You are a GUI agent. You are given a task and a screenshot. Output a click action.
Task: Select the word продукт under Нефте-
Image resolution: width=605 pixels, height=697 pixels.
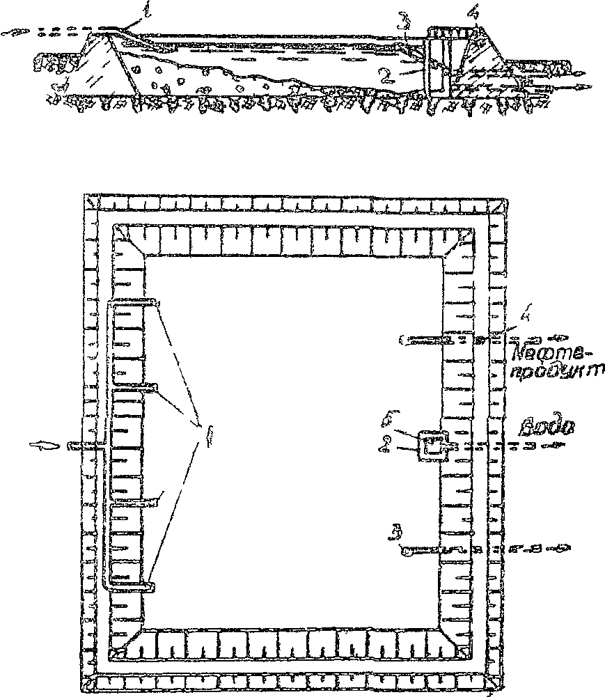(547, 371)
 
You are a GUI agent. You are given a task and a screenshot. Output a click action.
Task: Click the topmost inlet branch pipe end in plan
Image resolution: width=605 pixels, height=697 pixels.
(157, 303)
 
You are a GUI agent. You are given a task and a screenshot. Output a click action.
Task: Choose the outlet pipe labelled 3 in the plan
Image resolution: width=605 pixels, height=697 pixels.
(432, 549)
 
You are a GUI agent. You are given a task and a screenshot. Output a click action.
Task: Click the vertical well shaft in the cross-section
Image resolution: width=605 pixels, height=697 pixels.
(437, 63)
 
